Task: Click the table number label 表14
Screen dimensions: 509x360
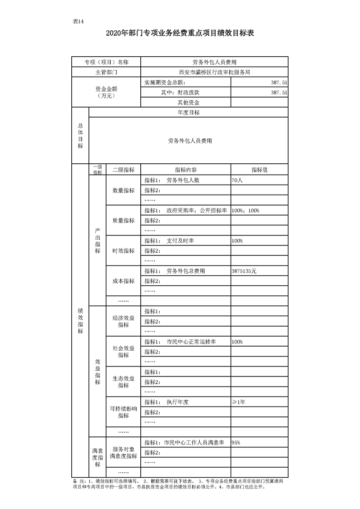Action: [x=78, y=22]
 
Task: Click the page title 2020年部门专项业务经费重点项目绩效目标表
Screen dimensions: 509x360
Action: [x=180, y=34]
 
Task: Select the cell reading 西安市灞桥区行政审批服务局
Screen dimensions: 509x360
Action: [x=214, y=72]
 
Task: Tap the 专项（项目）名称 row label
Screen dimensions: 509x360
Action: [x=106, y=62]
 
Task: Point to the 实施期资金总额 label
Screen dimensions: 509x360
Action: [x=163, y=82]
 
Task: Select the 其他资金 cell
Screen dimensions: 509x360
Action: [x=186, y=103]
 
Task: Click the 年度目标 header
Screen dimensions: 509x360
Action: [x=188, y=113]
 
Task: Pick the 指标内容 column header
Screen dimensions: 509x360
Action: [x=186, y=170]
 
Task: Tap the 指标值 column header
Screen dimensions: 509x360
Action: [x=259, y=170]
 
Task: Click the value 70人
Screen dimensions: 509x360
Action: [x=237, y=180]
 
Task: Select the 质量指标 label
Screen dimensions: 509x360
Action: [x=123, y=220]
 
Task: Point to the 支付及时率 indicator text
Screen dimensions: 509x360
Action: [x=180, y=241]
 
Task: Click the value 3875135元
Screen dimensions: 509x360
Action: [x=244, y=271]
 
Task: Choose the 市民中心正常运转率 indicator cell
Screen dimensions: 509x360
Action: [x=191, y=342]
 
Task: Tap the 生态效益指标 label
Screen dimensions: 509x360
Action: [x=123, y=382]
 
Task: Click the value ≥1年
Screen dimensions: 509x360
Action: [x=238, y=402]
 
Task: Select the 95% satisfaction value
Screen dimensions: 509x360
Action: [x=236, y=442]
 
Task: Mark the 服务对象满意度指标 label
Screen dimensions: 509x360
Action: [x=123, y=447]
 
